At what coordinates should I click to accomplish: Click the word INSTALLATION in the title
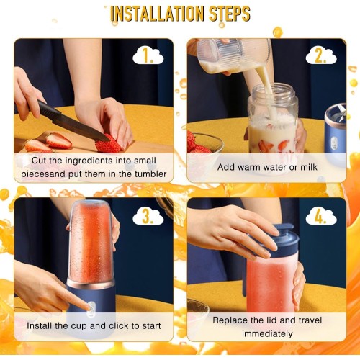[x=157, y=14]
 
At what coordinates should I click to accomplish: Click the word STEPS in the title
[x=230, y=14]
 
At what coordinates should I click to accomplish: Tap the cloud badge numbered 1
[x=148, y=56]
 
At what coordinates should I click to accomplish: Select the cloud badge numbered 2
[x=321, y=56]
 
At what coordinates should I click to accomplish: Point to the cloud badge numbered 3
[x=148, y=217]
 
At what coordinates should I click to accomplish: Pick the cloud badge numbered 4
[x=321, y=217]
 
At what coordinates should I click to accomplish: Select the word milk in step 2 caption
[x=309, y=167]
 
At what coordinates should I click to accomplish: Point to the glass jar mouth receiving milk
[x=274, y=90]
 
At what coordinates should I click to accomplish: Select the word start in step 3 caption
[x=151, y=326]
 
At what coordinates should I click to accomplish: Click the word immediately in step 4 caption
[x=267, y=333]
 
